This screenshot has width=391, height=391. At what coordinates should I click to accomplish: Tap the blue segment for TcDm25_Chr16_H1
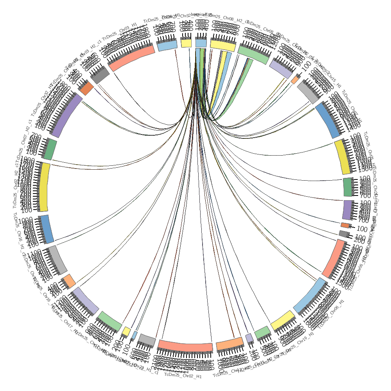pos(46,229)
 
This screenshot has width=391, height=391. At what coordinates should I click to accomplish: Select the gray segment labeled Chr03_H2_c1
pos(100,75)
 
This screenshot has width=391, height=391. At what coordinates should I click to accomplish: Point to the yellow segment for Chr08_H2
pos(223,45)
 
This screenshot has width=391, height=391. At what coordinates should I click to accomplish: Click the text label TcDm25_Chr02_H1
pos(183,376)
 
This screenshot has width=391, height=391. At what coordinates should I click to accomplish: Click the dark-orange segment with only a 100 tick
pos(345,225)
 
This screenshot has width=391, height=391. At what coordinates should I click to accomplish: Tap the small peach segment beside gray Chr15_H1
pos(295,79)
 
